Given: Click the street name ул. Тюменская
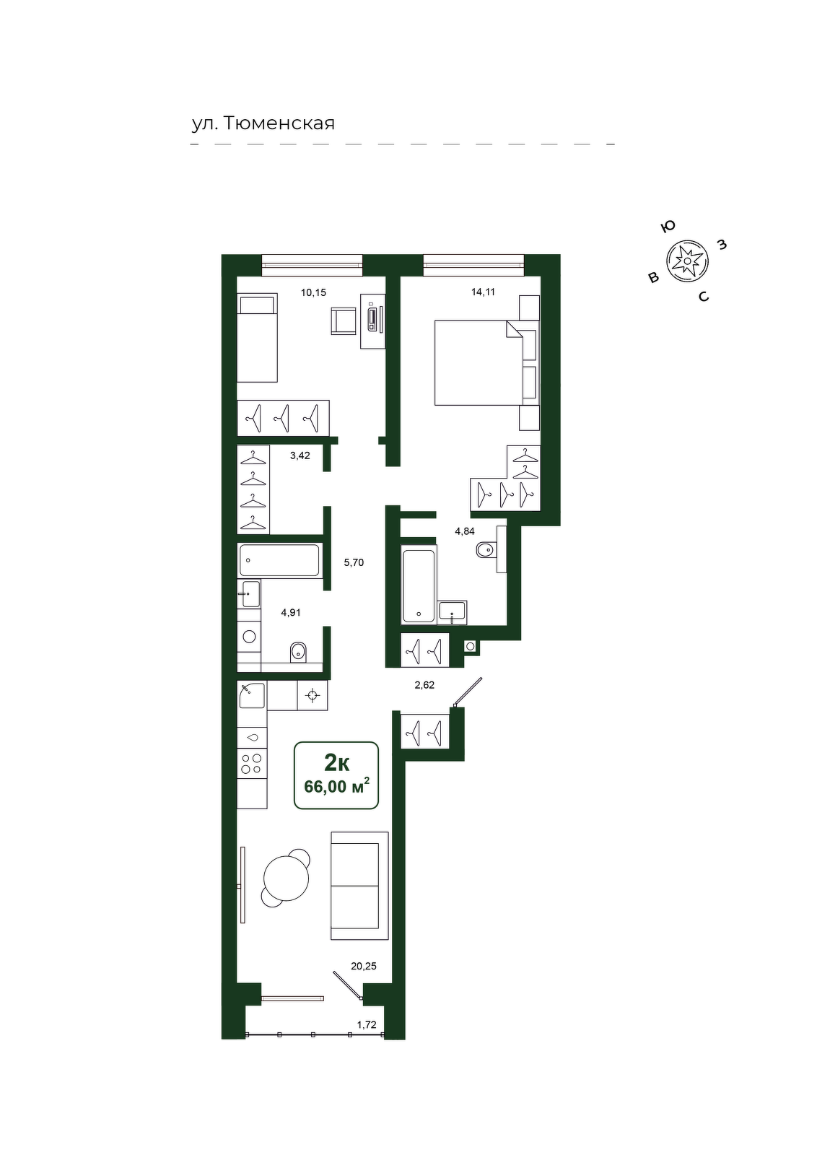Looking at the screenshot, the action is point(263,123).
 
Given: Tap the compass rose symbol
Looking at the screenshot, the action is point(687,261).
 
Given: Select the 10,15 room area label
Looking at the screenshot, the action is point(313,292).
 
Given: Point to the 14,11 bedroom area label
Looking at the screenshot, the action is point(483,292).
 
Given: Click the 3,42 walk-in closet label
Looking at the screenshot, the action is point(300,456).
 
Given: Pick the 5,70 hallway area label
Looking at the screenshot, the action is point(354,562).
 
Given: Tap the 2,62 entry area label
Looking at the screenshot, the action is point(424,685).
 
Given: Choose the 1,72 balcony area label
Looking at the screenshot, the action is point(367,1024).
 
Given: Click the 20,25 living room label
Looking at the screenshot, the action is point(364,967).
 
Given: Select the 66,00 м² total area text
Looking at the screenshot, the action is point(336,786).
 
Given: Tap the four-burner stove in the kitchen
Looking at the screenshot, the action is point(252,763).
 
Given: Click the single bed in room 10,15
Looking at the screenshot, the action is point(257,338).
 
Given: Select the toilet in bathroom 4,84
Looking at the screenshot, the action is point(485,550).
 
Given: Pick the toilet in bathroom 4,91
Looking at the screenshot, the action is point(298,653).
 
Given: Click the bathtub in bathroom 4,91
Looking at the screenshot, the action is point(279,559).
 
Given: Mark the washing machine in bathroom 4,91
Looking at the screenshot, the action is point(250,636).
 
